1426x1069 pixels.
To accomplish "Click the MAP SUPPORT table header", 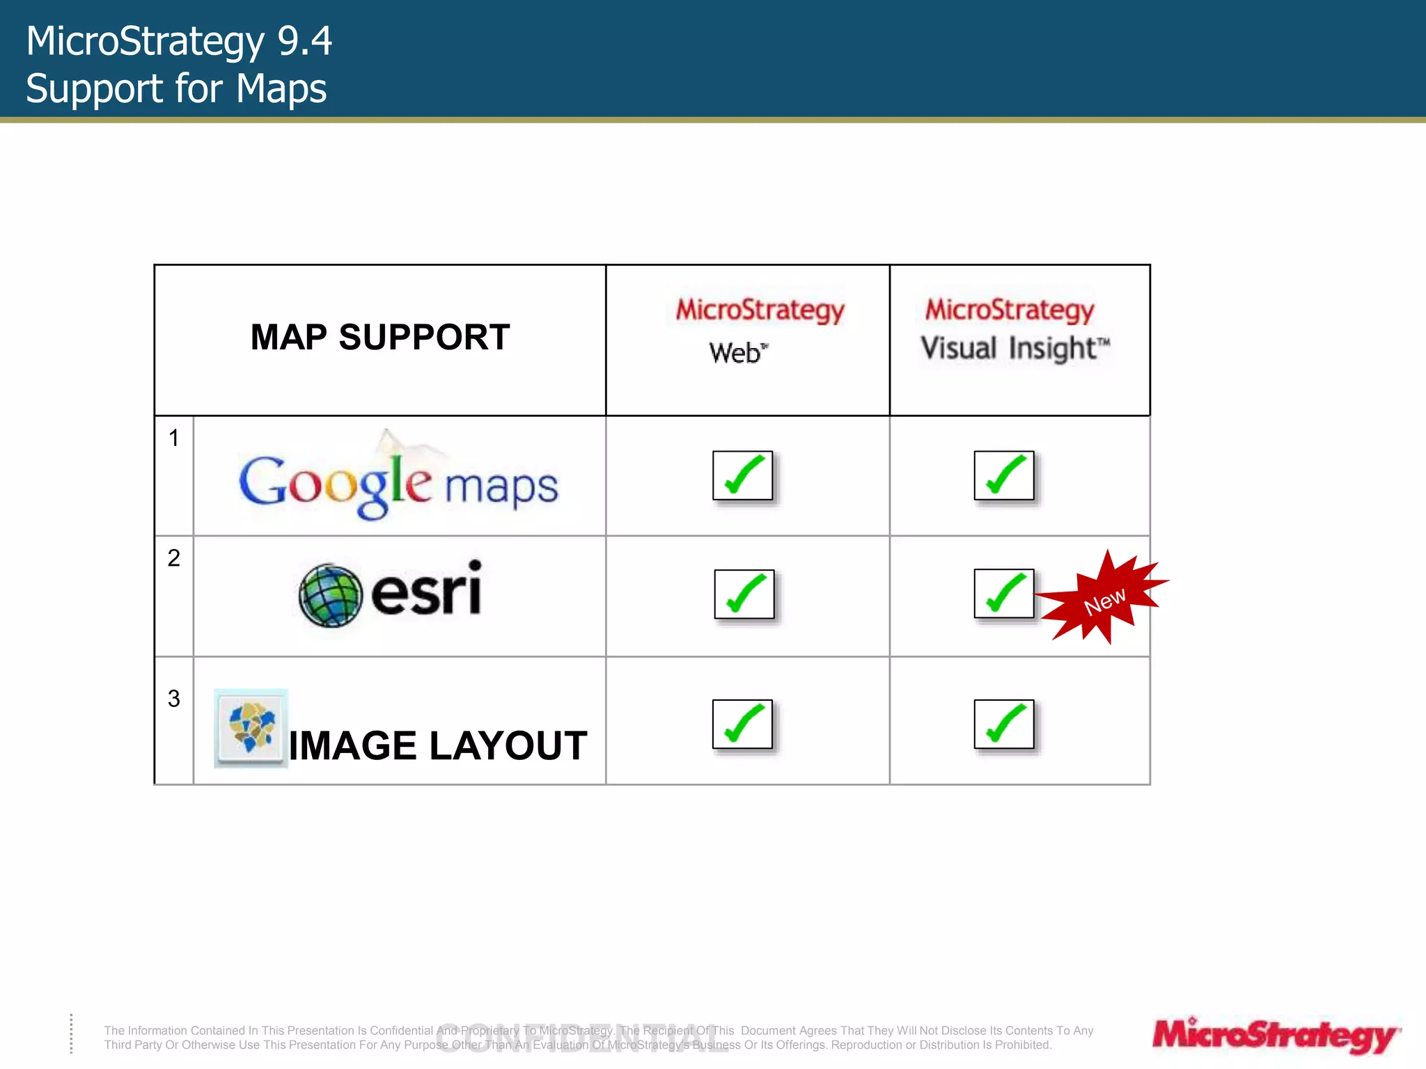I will click(380, 338).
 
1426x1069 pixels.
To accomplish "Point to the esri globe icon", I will click(330, 595).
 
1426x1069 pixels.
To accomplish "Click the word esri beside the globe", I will click(426, 590).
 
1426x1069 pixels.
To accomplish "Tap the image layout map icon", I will click(251, 727).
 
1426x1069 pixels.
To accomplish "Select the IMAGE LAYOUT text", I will click(438, 746).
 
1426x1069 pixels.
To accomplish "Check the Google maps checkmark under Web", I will click(743, 475).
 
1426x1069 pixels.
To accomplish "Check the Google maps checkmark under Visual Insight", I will click(1004, 475).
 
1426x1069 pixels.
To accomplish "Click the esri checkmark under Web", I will click(744, 594).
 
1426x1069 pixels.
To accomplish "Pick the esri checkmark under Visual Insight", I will click(1004, 594).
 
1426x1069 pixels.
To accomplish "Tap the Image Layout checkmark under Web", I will click(743, 724).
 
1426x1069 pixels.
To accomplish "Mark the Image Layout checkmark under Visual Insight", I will click(1004, 724).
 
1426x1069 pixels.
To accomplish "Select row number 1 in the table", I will click(174, 438).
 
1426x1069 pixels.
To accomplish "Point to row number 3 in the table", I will click(174, 698).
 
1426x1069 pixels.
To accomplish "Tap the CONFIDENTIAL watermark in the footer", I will click(582, 1038).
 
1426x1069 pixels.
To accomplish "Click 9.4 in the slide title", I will click(304, 41).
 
